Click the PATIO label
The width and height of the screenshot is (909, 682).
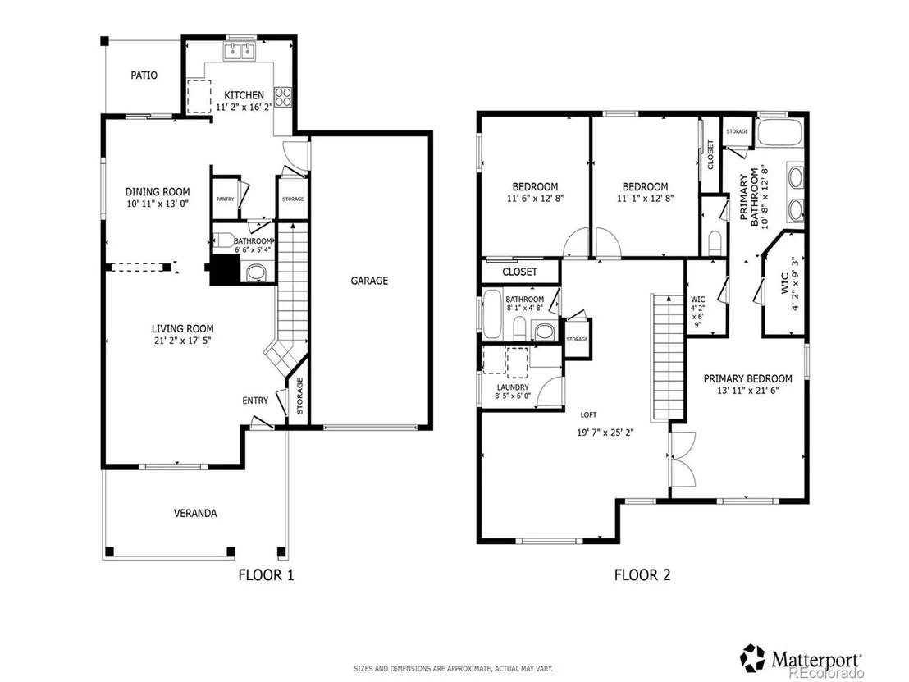pos(144,75)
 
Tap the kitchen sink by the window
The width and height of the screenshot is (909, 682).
pos(240,51)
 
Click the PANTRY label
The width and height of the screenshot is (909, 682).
pos(225,199)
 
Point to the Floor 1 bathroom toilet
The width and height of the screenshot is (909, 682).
pos(222,240)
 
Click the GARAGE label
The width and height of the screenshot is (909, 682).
pos(369,281)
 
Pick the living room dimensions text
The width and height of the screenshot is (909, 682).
pos(183,341)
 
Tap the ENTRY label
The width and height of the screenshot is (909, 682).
pos(255,401)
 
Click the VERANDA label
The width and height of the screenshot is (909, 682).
pos(195,513)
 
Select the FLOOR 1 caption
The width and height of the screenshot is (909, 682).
pos(266,574)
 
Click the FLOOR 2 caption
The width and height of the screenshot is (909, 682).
pos(642,574)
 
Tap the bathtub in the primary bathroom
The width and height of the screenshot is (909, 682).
pos(780,132)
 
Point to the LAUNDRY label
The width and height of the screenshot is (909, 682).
pos(513,387)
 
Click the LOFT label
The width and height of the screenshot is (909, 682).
pos(588,414)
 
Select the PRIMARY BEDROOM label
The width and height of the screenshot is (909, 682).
pos(748,378)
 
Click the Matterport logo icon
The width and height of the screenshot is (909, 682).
pos(752,657)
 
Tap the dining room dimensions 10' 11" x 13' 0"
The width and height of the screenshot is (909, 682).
pos(158,204)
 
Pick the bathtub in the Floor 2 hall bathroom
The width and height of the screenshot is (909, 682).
pos(493,314)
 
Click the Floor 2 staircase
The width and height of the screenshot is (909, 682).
pos(669,357)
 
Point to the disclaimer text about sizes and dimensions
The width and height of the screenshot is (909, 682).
pos(454,669)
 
